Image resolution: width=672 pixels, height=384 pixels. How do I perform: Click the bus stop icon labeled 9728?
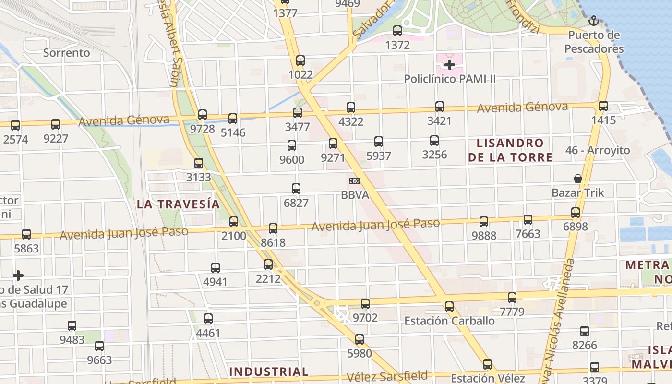pos(203,115)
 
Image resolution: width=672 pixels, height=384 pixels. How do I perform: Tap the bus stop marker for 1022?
pos(300,60)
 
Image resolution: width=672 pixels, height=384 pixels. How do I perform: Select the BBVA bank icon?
pos(355,180)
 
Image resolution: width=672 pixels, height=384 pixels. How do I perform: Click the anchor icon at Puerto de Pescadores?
pos(594,21)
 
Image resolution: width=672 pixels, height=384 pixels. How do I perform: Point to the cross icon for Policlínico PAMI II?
pos(450,64)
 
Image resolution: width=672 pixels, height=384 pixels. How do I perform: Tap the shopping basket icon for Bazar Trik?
pos(578,179)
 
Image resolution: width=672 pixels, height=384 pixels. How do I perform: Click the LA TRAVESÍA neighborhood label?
pos(179,204)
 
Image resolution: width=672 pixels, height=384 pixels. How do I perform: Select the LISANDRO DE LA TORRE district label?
pos(510,150)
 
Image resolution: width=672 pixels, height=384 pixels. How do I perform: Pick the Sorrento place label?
pos(67,53)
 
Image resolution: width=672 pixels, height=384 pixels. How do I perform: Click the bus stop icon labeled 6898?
pos(576,213)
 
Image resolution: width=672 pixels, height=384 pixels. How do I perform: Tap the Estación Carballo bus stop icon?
pos(449,306)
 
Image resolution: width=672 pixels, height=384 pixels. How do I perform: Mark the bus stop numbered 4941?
pos(216,268)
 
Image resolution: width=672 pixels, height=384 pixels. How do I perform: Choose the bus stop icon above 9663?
pos(99,346)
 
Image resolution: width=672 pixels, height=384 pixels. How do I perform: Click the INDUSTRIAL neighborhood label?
pos(269,372)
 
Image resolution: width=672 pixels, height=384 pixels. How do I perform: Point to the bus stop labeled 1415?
pos(603,106)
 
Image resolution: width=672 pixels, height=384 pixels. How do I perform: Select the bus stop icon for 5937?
pos(379,142)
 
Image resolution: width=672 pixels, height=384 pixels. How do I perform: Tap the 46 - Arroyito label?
pos(598,150)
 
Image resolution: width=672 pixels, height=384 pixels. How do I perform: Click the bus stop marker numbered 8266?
pos(585,331)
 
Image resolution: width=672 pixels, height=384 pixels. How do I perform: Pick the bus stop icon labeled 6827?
pos(296,189)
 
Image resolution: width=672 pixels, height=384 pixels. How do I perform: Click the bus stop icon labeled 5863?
pos(26,234)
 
